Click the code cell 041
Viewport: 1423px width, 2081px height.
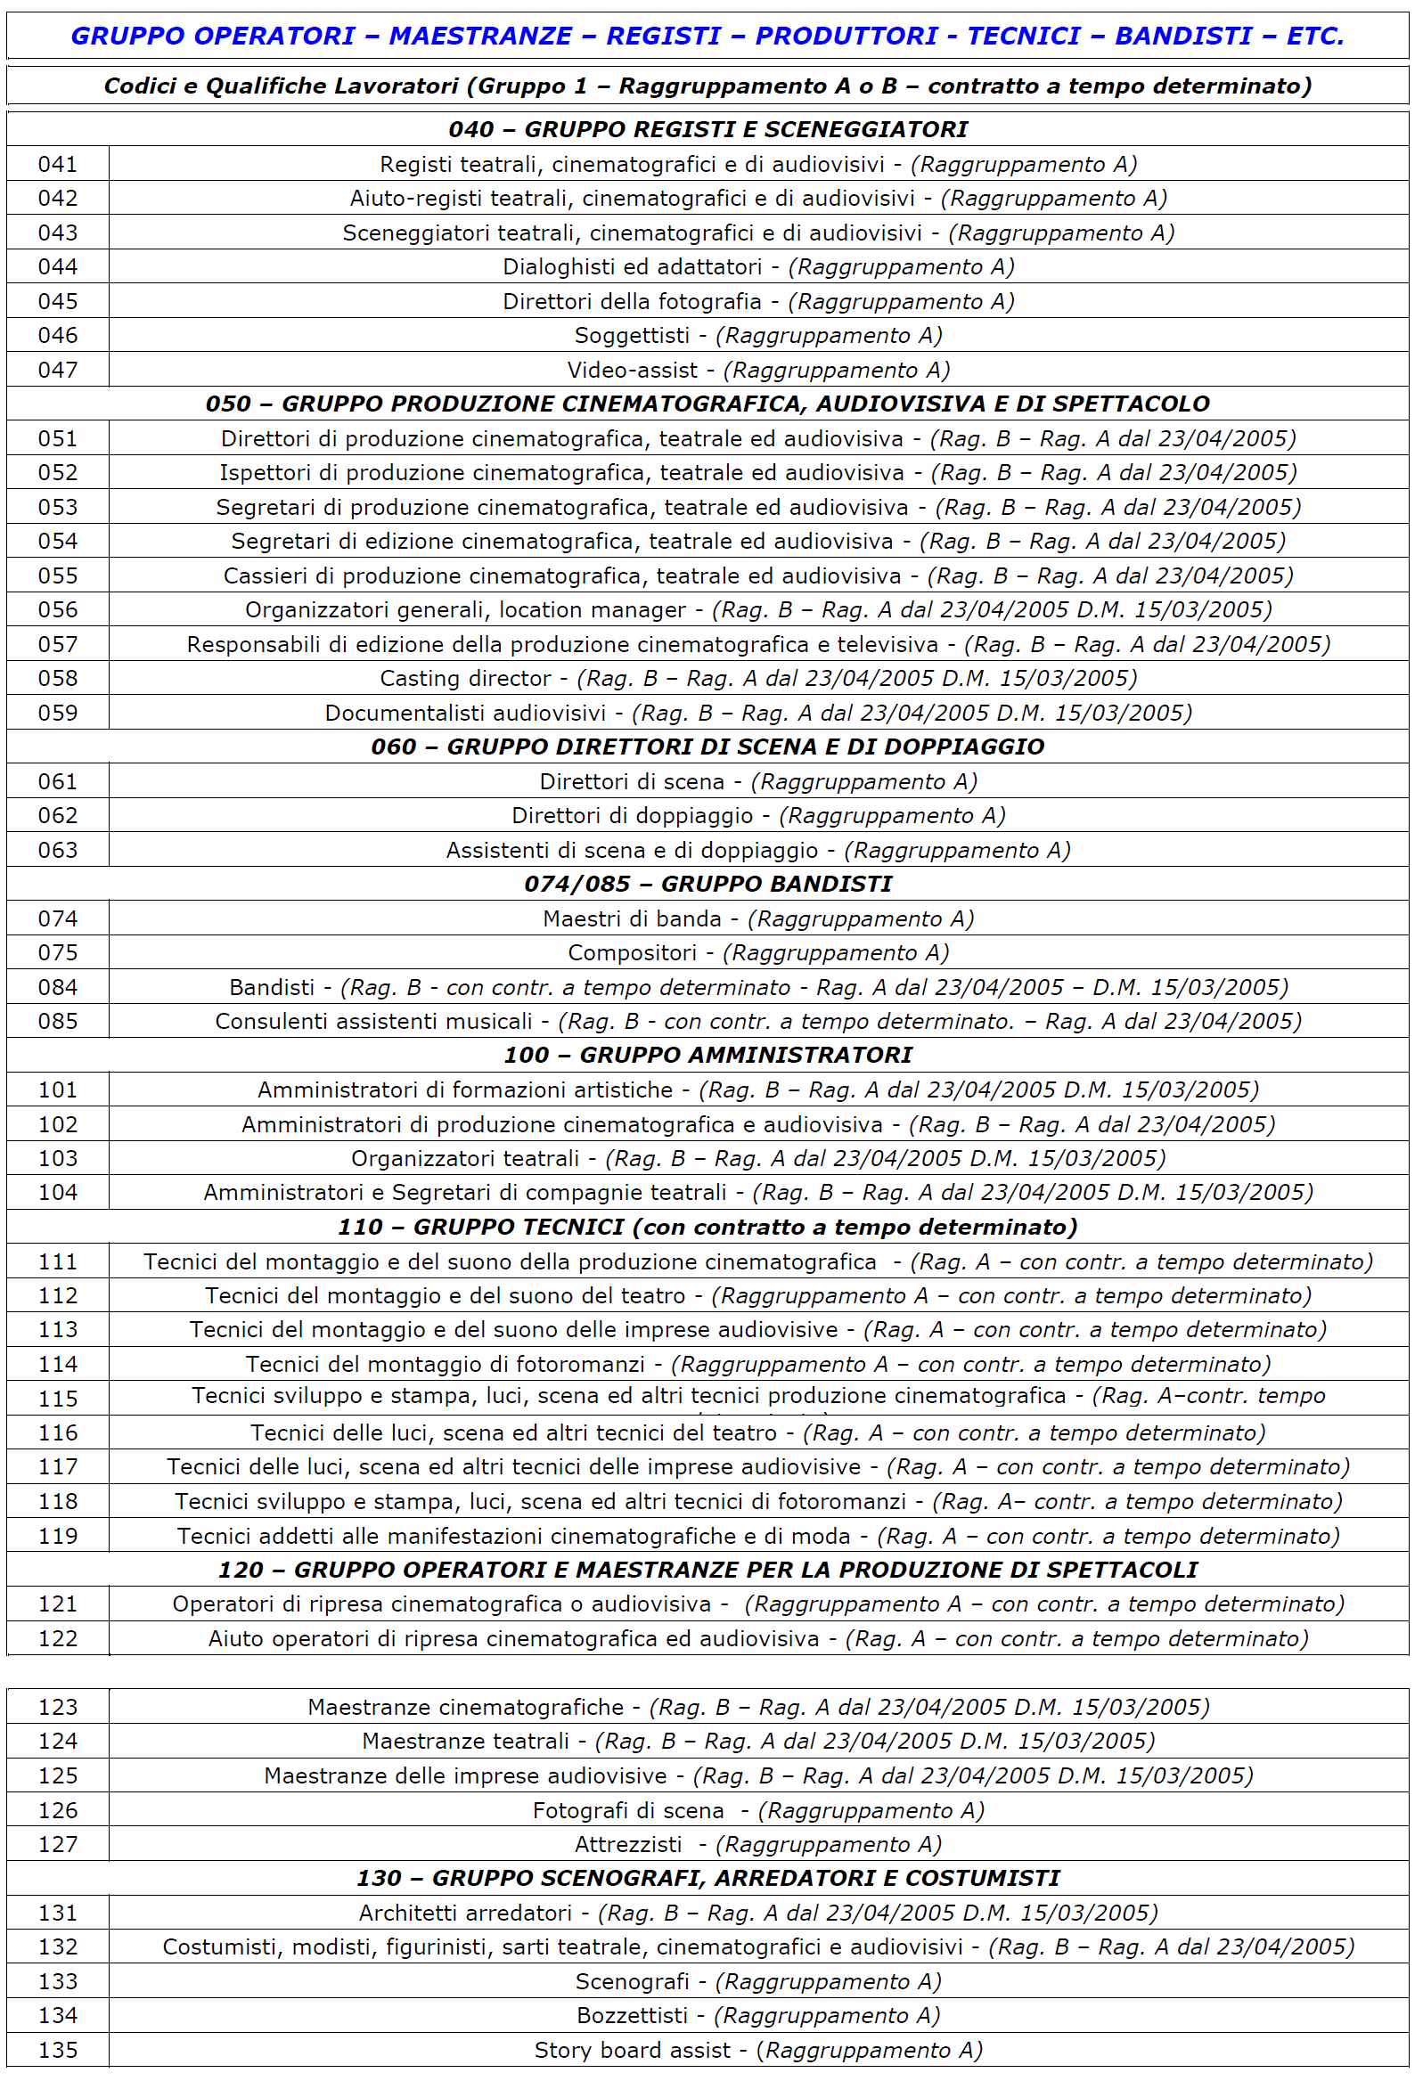click(x=57, y=164)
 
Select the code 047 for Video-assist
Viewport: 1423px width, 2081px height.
click(x=57, y=370)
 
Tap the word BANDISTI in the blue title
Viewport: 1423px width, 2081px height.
click(x=1183, y=36)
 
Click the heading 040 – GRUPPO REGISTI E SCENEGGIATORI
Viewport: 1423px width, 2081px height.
click(x=707, y=129)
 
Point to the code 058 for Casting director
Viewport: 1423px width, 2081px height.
click(x=57, y=679)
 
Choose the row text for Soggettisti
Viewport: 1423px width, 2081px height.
click(x=757, y=336)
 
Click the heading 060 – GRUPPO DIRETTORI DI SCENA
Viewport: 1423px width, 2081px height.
click(x=707, y=747)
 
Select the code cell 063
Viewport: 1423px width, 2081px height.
click(x=57, y=850)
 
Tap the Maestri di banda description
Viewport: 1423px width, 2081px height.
click(x=757, y=918)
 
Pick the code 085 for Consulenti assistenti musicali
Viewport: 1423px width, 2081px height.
click(x=57, y=1022)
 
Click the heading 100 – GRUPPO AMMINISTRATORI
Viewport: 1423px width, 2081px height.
click(x=707, y=1055)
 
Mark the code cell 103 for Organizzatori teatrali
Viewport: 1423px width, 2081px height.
click(x=57, y=1159)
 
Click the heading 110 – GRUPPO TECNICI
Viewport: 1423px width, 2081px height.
click(x=707, y=1227)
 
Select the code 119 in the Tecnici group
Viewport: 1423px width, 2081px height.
click(x=57, y=1537)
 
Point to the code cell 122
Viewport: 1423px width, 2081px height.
click(x=57, y=1638)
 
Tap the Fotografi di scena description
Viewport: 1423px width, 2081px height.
click(x=757, y=1810)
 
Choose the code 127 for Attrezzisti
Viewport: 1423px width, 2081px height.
click(x=57, y=1845)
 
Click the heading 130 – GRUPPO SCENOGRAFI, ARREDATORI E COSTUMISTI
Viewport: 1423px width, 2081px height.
click(x=707, y=1878)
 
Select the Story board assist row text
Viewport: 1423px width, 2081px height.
click(x=757, y=2051)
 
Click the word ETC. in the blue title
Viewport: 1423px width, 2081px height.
click(x=1314, y=36)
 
